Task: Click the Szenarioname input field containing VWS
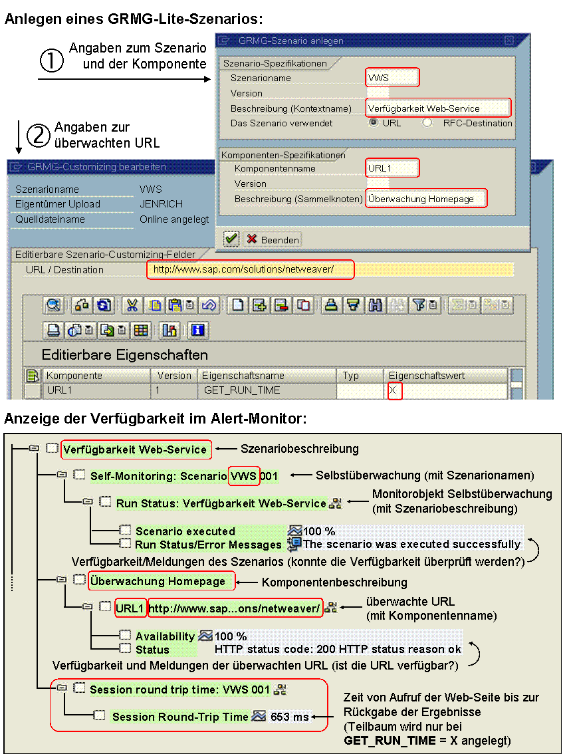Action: coord(392,78)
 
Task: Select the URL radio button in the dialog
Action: coord(374,122)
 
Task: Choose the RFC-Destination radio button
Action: coord(427,122)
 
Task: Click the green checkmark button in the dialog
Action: coord(231,239)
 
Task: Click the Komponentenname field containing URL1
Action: coord(392,168)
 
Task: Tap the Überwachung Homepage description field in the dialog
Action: coord(426,199)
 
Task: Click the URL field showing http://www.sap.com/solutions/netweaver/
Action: coord(250,269)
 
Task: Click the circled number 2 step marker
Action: coord(39,136)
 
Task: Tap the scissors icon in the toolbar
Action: coord(132,305)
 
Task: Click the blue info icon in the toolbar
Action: coord(198,330)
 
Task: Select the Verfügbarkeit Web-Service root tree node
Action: coord(136,449)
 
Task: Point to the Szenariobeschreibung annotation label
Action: coord(299,449)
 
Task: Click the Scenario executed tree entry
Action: coord(185,531)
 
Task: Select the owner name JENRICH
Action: coord(161,204)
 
